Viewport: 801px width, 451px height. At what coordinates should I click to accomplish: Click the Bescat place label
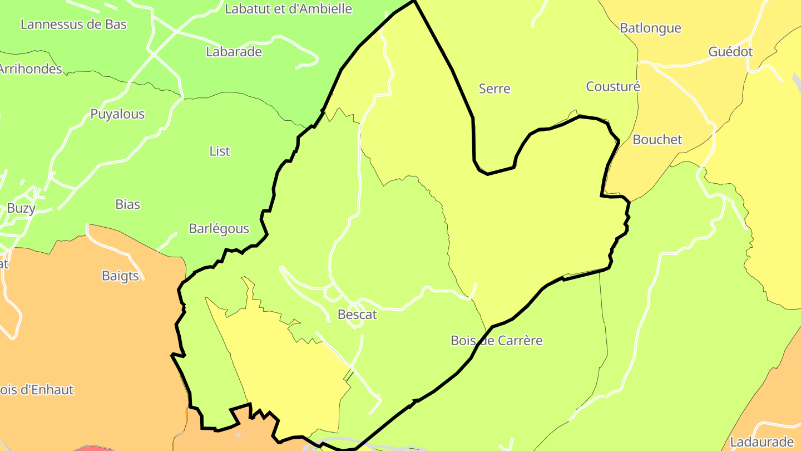tap(357, 315)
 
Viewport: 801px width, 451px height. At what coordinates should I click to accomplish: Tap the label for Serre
tap(494, 89)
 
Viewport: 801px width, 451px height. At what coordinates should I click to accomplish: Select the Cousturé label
tap(613, 86)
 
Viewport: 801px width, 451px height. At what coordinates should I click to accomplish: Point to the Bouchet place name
tap(657, 140)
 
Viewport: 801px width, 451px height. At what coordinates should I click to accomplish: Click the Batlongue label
tap(650, 28)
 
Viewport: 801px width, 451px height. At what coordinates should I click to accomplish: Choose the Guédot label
tap(730, 52)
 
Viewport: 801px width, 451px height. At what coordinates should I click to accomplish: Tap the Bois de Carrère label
tap(496, 340)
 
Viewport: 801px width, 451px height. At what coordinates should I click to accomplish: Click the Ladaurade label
tap(762, 442)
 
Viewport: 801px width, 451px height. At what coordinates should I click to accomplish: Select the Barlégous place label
tap(219, 228)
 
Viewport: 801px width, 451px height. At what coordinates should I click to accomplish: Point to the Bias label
tap(128, 204)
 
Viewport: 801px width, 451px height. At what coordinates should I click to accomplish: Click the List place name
tap(220, 151)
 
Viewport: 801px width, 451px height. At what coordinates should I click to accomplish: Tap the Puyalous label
tap(117, 114)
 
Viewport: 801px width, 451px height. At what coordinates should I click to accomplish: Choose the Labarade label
tap(234, 52)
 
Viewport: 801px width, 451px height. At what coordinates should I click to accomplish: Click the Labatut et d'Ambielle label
tap(288, 9)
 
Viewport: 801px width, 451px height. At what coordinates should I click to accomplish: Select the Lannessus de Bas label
tap(73, 24)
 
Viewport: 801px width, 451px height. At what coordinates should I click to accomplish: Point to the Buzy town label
tap(21, 208)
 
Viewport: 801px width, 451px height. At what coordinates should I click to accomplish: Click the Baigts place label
tap(120, 276)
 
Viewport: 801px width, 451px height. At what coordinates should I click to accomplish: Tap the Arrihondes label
tap(30, 69)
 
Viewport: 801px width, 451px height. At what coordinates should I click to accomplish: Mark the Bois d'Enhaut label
tap(37, 390)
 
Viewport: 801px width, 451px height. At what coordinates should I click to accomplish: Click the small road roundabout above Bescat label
tap(333, 291)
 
